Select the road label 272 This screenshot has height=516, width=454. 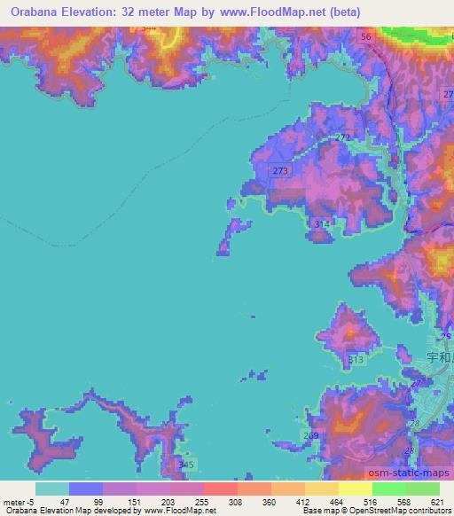(x=343, y=137)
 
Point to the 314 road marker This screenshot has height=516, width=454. (x=321, y=224)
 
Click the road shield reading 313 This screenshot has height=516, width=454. (x=356, y=359)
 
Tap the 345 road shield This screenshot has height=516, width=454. (x=184, y=465)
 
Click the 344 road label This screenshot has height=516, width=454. (x=149, y=28)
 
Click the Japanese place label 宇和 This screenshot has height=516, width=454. (x=439, y=358)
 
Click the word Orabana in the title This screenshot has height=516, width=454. (x=30, y=12)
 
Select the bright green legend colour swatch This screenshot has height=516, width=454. (x=388, y=489)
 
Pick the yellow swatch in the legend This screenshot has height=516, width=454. (x=320, y=489)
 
